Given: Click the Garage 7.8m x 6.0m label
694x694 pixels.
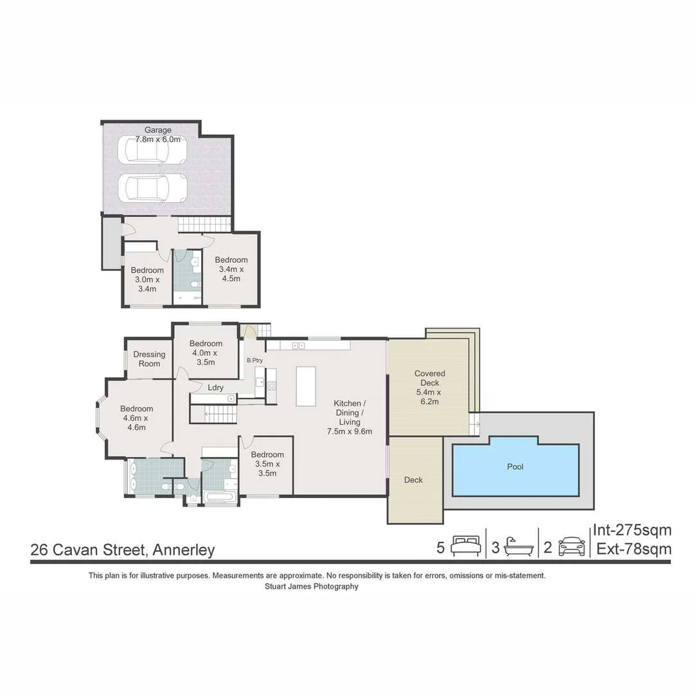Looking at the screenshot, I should pyautogui.click(x=157, y=134).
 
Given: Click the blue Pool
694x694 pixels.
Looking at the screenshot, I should pyautogui.click(x=516, y=468).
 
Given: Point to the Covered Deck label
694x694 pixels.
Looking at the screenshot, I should pyautogui.click(x=429, y=387).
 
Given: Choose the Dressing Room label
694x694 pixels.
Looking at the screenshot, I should pyautogui.click(x=149, y=359).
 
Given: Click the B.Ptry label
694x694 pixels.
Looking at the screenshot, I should pyautogui.click(x=254, y=360).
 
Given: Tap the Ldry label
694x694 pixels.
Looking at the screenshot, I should pyautogui.click(x=215, y=387).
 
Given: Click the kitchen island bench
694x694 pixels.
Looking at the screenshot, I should pyautogui.click(x=306, y=386).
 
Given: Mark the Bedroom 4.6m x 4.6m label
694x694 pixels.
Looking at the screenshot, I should pyautogui.click(x=136, y=418).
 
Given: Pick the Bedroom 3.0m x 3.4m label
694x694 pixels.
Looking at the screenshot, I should pyautogui.click(x=147, y=280).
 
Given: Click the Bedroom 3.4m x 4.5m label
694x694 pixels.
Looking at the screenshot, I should pyautogui.click(x=231, y=269).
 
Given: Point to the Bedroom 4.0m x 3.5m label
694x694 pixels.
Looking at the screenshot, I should pyautogui.click(x=206, y=353).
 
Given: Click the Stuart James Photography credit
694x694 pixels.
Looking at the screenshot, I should pyautogui.click(x=311, y=586).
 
